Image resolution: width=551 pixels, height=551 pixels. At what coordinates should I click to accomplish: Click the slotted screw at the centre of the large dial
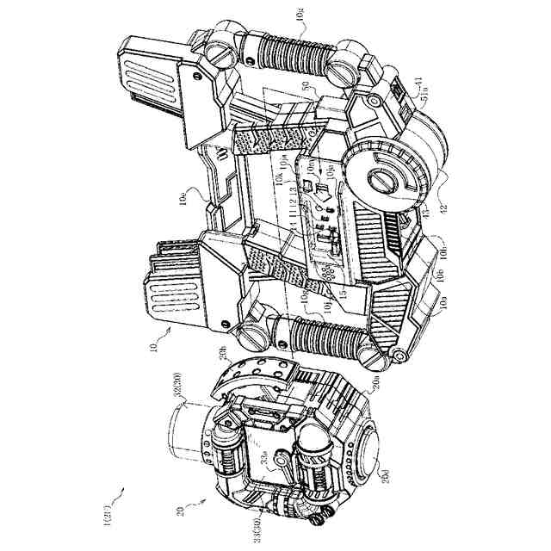tap(382, 182)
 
